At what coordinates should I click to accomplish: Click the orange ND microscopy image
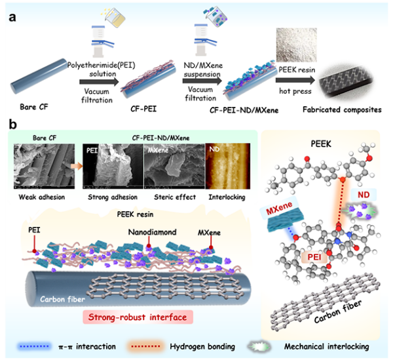point(221,167)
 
